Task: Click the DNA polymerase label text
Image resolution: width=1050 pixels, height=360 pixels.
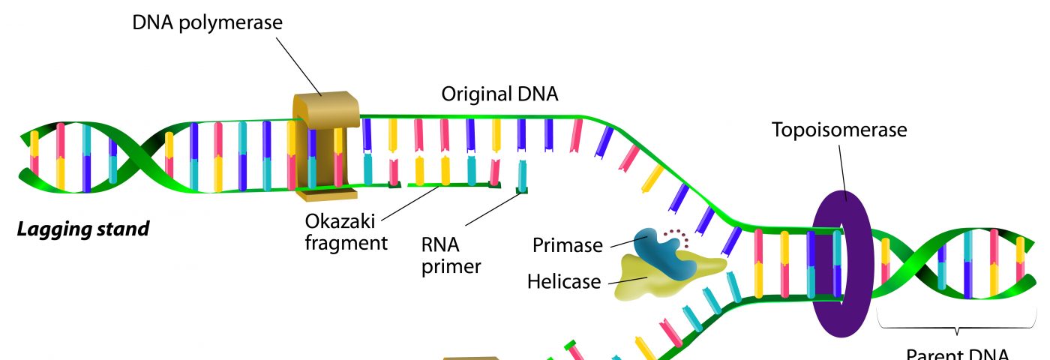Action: coord(208,22)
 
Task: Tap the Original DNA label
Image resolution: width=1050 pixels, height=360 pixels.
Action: coord(499,94)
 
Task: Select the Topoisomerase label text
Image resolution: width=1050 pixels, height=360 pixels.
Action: coord(839,130)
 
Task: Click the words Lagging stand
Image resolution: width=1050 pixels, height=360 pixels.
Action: coord(83,228)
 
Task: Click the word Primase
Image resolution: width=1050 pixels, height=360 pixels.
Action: coord(568,245)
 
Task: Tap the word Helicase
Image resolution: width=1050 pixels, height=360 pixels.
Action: coord(564,281)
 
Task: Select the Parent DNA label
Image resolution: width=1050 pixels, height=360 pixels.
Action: coord(957,355)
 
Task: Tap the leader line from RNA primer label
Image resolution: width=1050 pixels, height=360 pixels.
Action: coord(490,211)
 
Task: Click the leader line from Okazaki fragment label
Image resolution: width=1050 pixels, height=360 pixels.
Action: coord(408,203)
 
